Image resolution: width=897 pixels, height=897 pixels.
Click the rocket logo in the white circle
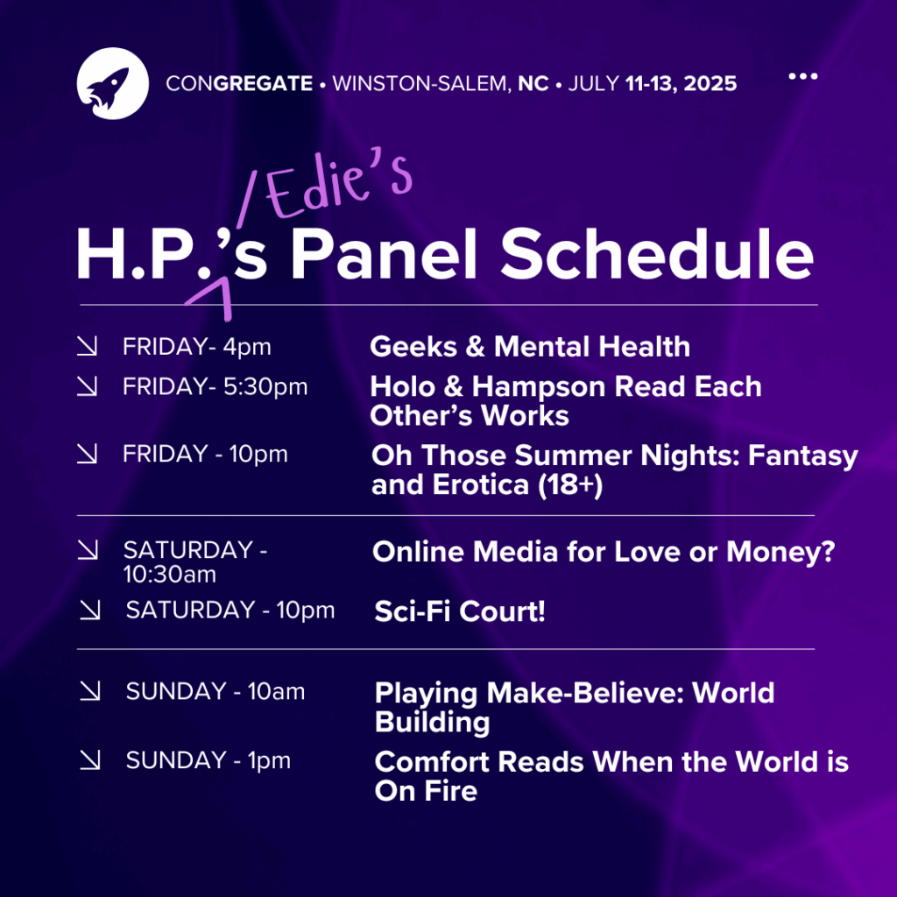pyautogui.click(x=113, y=83)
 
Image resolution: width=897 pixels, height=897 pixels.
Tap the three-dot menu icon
pyautogui.click(x=802, y=76)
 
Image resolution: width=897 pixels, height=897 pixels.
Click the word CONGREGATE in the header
pyautogui.click(x=239, y=83)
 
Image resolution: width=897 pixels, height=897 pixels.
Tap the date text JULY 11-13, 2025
pyautogui.click(x=652, y=83)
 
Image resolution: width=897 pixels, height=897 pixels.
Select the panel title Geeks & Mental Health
pyautogui.click(x=530, y=347)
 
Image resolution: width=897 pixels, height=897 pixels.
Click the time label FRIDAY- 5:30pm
pyautogui.click(x=215, y=386)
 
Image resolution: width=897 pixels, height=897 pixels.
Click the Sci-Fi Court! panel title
pyautogui.click(x=459, y=611)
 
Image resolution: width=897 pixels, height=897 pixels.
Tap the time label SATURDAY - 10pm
pyautogui.click(x=230, y=610)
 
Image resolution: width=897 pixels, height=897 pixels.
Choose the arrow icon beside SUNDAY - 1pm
pyautogui.click(x=90, y=759)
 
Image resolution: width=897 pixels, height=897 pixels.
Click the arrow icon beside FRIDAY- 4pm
pyautogui.click(x=87, y=346)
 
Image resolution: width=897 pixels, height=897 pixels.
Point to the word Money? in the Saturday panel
pyautogui.click(x=780, y=552)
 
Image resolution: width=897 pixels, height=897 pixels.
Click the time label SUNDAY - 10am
pyautogui.click(x=215, y=692)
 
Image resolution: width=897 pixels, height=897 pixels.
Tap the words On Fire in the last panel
pyautogui.click(x=426, y=791)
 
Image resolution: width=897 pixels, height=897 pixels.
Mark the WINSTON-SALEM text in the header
pyautogui.click(x=422, y=83)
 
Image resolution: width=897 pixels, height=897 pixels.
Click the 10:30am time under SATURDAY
pyautogui.click(x=170, y=575)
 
